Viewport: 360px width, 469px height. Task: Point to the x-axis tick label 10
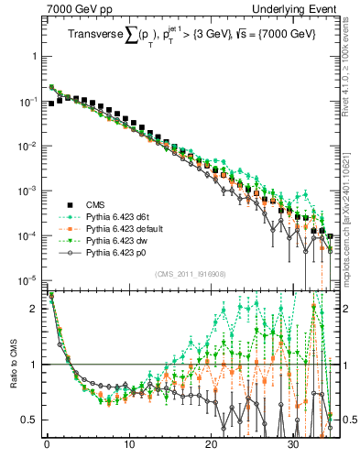pyautogui.click(x=129, y=449)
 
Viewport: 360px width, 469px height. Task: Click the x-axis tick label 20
pyautogui.click(x=212, y=449)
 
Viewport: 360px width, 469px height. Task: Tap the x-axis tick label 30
pyautogui.click(x=293, y=449)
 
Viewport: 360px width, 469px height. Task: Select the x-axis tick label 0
pyautogui.click(x=47, y=449)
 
